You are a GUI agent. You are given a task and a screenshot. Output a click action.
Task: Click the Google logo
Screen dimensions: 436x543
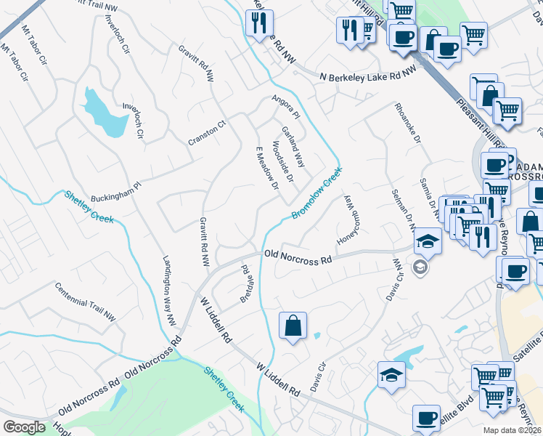[x=24, y=427]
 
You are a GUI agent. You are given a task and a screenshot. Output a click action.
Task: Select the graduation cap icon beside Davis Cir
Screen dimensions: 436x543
[x=391, y=375]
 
